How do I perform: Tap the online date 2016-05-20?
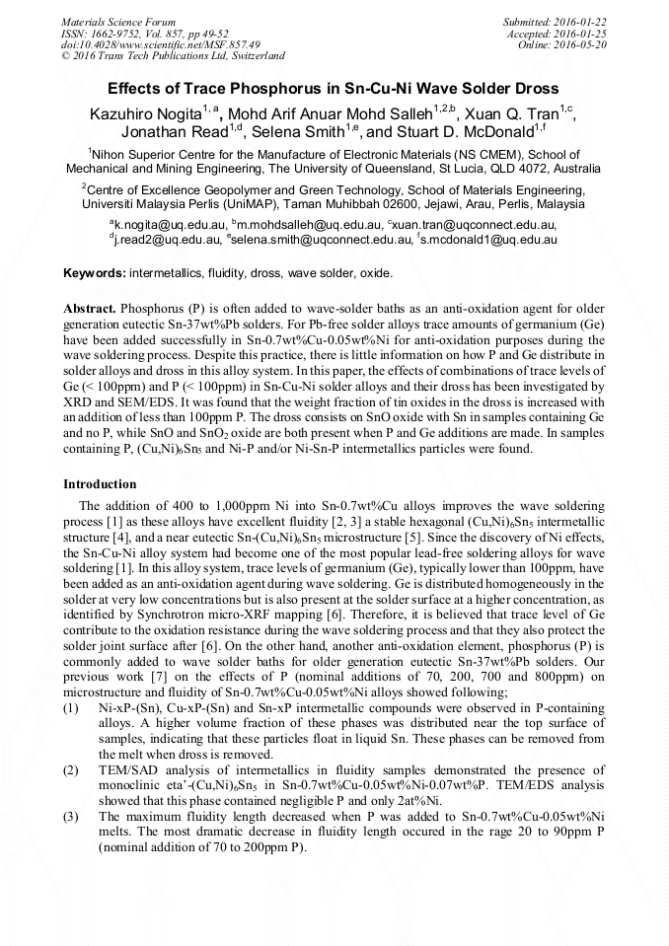click(584, 44)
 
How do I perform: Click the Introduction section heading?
click(100, 484)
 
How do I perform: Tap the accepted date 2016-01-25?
click(584, 33)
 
